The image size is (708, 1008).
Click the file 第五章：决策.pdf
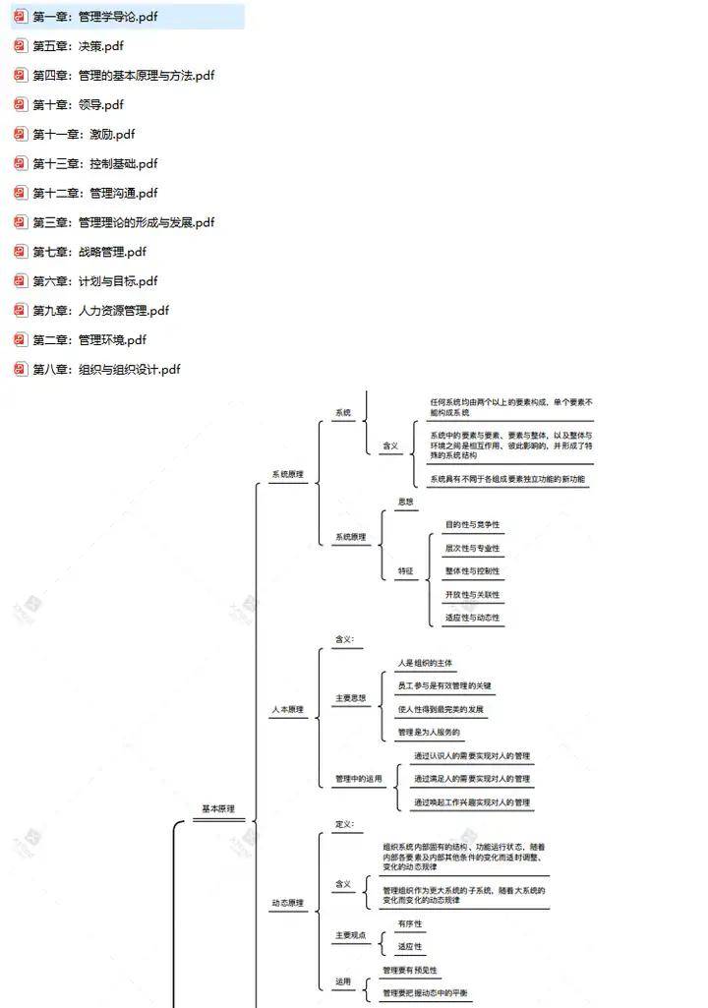[79, 46]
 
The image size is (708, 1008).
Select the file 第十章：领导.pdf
[79, 105]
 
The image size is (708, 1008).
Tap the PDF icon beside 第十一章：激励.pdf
[21, 135]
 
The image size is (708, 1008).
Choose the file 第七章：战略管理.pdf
[89, 252]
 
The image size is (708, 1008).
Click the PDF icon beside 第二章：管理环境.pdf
[21, 340]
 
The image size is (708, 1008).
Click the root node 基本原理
[218, 809]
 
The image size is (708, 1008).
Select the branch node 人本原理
[287, 709]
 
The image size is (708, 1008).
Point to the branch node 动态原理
[287, 903]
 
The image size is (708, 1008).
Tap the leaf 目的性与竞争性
[472, 525]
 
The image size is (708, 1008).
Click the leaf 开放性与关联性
[472, 595]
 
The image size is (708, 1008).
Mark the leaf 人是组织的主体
[426, 664]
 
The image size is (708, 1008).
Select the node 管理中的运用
[358, 779]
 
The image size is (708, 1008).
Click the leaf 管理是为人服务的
[428, 733]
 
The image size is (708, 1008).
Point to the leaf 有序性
[409, 924]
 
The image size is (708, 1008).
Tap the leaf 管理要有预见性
[410, 971]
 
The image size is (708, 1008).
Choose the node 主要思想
[350, 698]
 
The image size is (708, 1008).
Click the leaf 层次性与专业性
[472, 549]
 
